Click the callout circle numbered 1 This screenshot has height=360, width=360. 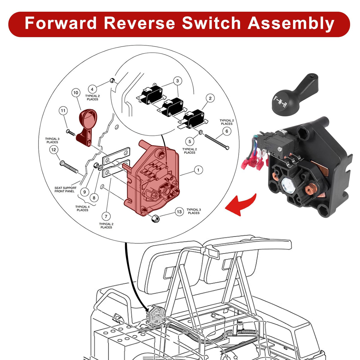tap(198, 170)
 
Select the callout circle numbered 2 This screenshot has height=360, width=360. tap(210, 98)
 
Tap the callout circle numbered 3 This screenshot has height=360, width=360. tap(177, 81)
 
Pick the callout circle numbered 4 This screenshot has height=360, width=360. tap(92, 89)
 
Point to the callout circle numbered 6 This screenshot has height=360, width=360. tap(227, 131)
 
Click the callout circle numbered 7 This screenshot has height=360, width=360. tap(106, 216)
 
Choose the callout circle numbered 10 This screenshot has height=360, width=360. tap(76, 93)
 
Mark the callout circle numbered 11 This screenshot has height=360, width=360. tap(63, 111)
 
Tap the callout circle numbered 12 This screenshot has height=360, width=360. tap(54, 149)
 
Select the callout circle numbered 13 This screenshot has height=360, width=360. tap(179, 212)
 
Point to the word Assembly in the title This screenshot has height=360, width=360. tap(291, 23)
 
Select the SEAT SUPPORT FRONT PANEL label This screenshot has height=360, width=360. tap(65, 190)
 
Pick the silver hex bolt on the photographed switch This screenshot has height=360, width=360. tap(288, 183)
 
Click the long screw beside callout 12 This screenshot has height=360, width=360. tap(72, 167)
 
